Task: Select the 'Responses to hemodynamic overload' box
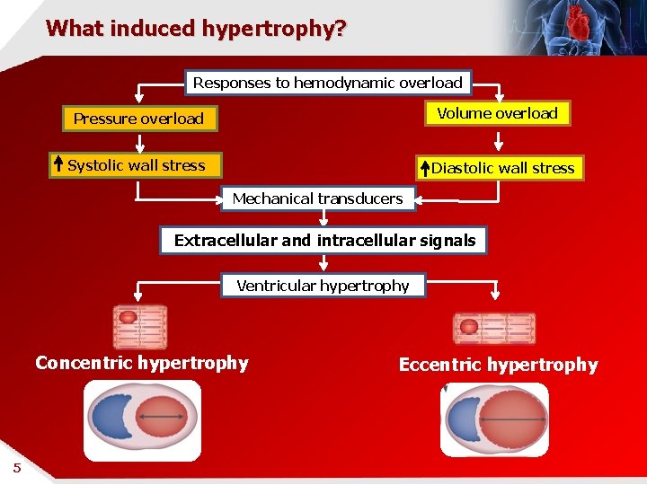[328, 83]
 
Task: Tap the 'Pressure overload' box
[139, 119]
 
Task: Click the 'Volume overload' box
[497, 113]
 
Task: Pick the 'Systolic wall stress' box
[137, 165]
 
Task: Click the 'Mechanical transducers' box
[318, 198]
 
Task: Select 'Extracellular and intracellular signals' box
[324, 240]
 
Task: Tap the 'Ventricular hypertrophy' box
[323, 286]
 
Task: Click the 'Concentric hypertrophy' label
[142, 363]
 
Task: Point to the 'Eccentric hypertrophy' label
[498, 365]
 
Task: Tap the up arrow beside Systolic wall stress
[58, 164]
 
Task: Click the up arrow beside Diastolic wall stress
[424, 168]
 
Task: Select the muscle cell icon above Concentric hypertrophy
[140, 327]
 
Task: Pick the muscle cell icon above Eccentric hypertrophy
[493, 329]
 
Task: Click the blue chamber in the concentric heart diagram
[111, 419]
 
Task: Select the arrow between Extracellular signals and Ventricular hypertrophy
[324, 263]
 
